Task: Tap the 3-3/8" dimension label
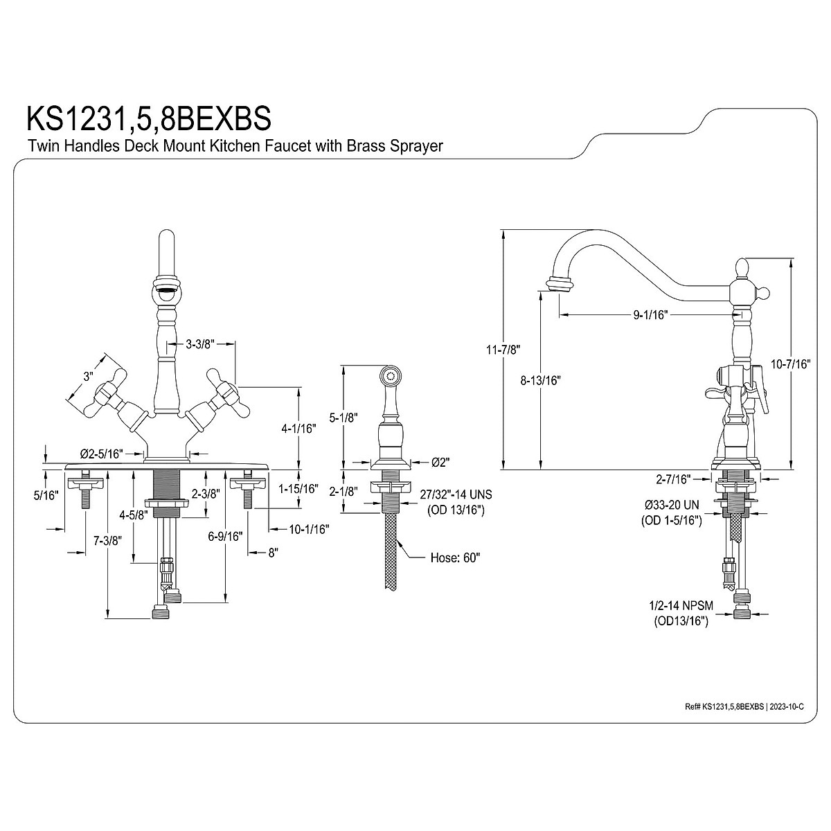point(202,343)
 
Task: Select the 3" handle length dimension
point(88,377)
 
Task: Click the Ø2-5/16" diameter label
point(101,454)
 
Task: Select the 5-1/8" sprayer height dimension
point(343,418)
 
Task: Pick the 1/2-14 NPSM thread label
point(681,605)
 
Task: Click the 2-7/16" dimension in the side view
point(674,479)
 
